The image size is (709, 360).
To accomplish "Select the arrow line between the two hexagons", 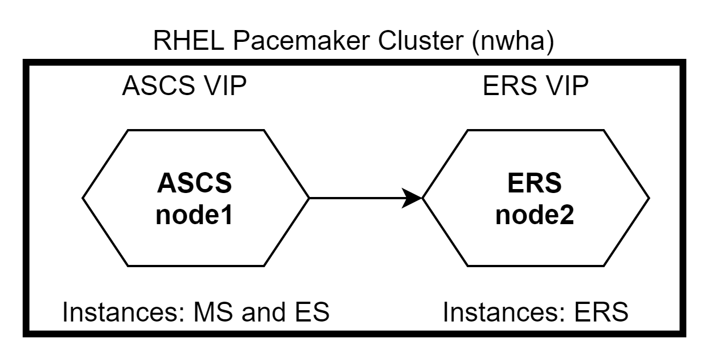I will click(x=357, y=198).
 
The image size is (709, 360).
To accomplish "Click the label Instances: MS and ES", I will click(x=195, y=312).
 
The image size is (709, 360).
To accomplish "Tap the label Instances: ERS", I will click(x=536, y=312).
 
